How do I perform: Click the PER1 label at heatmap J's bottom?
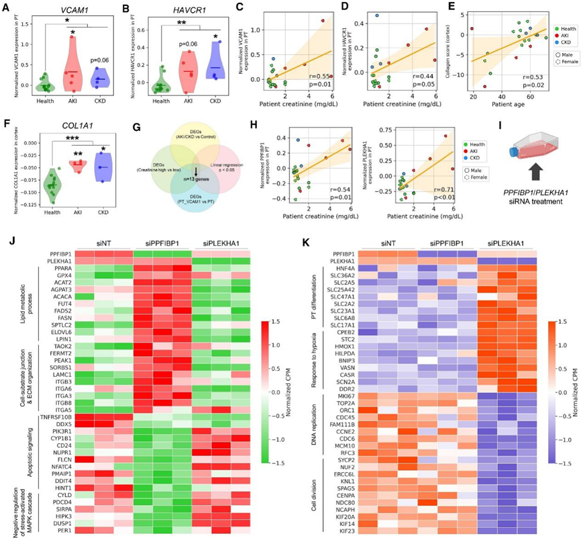pos(58,530)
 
